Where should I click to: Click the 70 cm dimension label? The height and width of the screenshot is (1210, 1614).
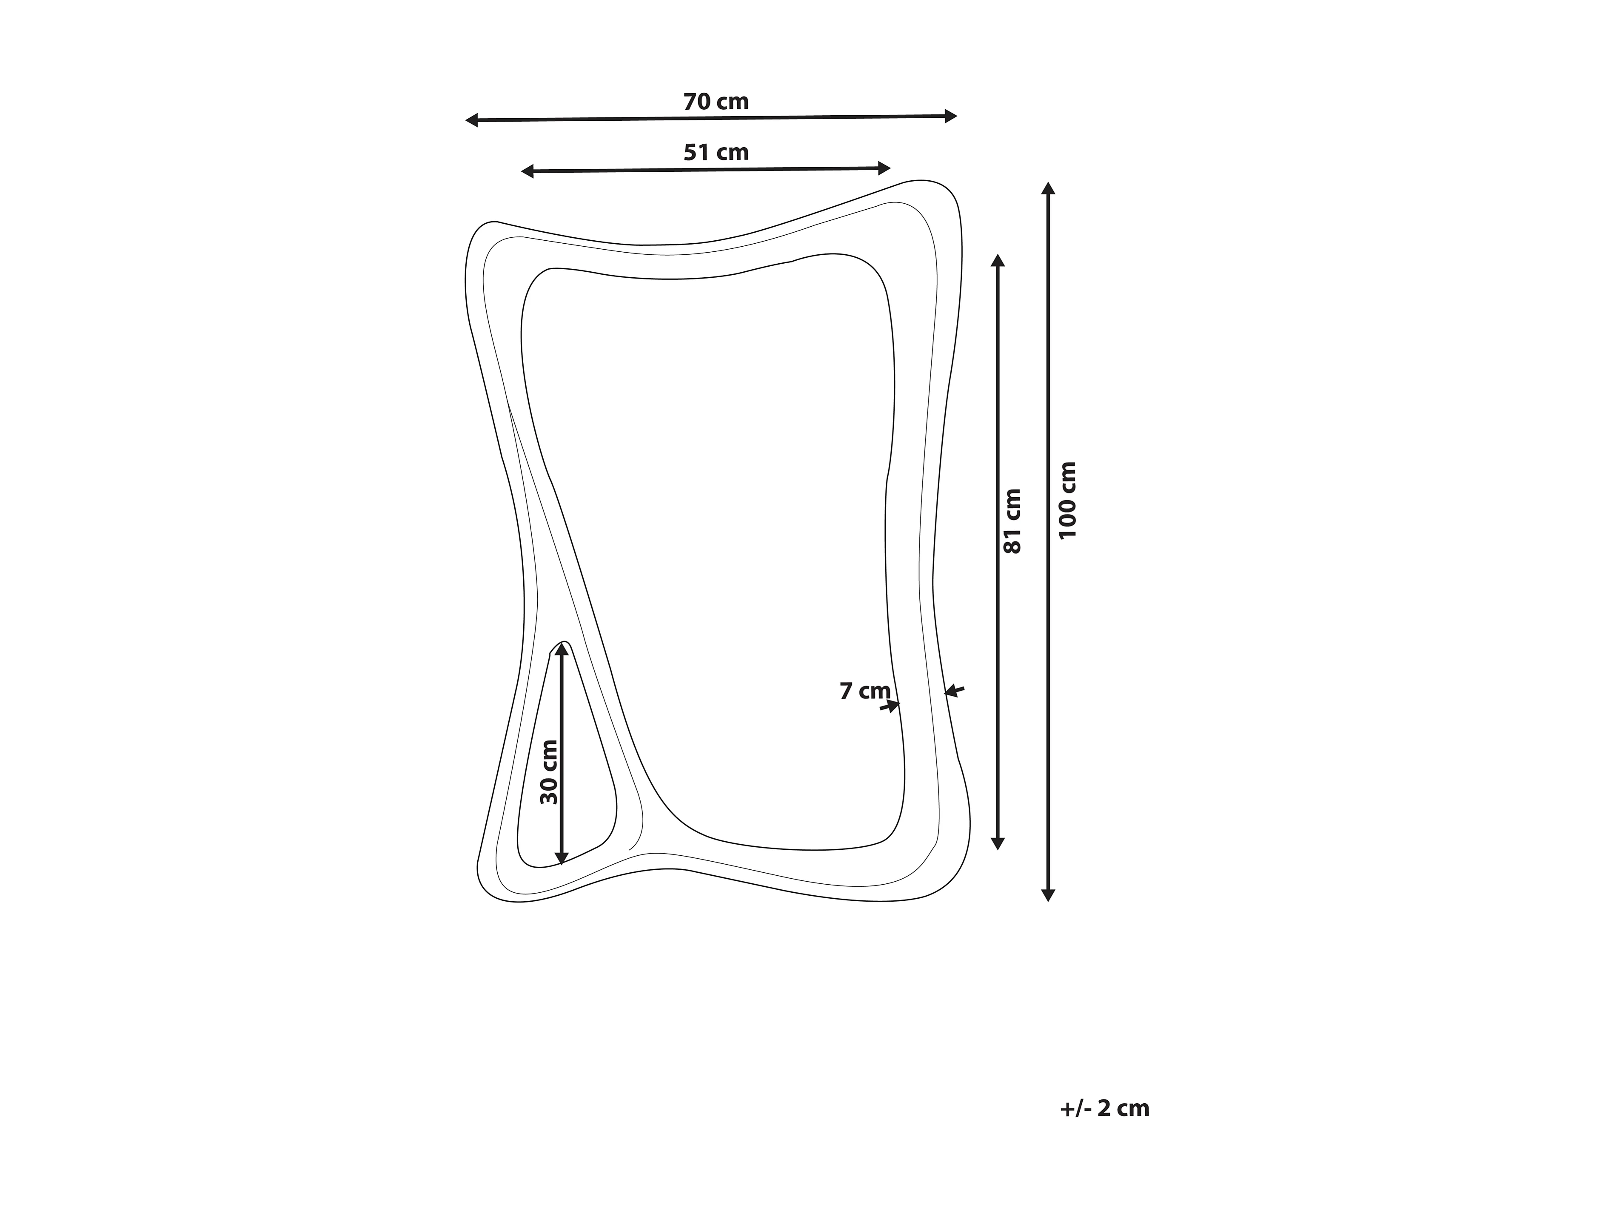716,102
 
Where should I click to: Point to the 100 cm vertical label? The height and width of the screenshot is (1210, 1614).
1067,500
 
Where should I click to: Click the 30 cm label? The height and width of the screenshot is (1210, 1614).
549,772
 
